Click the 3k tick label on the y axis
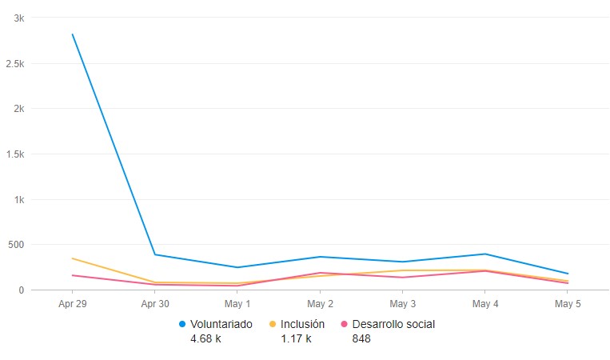click(19, 18)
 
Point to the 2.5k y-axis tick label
click(16, 63)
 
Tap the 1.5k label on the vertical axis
click(16, 154)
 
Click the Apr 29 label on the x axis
click(72, 304)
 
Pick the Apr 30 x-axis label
click(154, 304)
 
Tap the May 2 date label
click(320, 304)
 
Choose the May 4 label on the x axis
click(485, 304)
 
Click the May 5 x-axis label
click(568, 304)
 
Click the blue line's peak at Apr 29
click(73, 34)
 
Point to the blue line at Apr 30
click(154, 254)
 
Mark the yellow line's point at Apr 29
click(73, 258)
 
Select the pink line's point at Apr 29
click(73, 275)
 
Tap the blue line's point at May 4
click(485, 254)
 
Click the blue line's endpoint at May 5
click(568, 274)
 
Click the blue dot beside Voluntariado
click(182, 324)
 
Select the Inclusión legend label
click(302, 324)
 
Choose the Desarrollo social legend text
click(393, 324)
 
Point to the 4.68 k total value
click(205, 338)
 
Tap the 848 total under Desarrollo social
click(361, 338)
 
